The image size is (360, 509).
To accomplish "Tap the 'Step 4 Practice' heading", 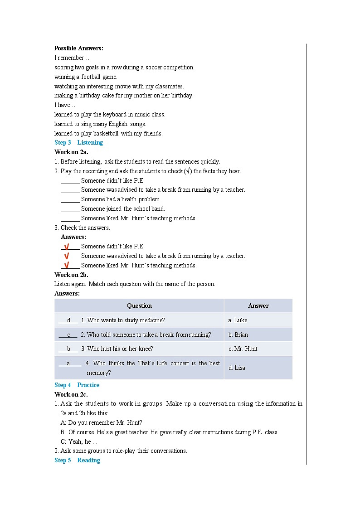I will click(x=77, y=385).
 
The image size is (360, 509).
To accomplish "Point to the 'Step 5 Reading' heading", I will click(x=77, y=460).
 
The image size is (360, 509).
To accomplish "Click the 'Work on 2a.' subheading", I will click(x=71, y=152).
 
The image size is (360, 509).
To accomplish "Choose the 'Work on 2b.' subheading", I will click(x=71, y=275).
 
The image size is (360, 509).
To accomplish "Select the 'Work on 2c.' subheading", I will click(x=71, y=394).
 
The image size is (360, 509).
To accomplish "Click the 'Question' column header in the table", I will click(x=139, y=305).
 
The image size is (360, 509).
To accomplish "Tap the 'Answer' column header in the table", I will click(x=258, y=305).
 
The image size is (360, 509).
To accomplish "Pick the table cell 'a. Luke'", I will click(x=238, y=320).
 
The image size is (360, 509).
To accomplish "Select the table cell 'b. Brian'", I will click(x=238, y=334).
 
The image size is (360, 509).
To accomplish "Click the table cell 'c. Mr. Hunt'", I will click(x=243, y=349).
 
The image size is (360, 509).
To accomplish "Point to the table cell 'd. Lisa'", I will click(x=237, y=368).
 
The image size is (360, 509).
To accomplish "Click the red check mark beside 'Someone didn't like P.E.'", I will click(x=67, y=247).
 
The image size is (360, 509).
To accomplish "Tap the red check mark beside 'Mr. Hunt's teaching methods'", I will click(x=67, y=265).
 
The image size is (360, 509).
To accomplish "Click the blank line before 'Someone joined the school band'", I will click(x=70, y=209).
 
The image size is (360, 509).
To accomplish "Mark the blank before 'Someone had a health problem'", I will click(x=70, y=199).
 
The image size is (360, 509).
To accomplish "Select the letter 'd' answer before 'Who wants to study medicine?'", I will click(x=68, y=320).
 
